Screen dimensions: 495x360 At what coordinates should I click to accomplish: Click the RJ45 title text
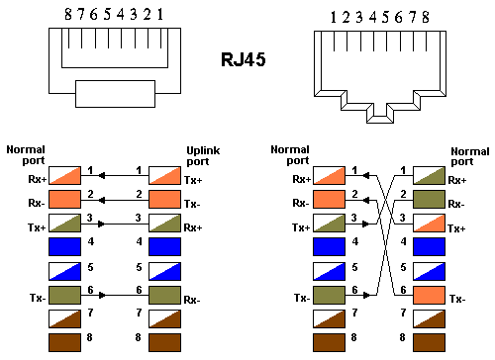click(x=244, y=59)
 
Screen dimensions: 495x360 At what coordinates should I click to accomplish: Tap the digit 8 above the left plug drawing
click(x=68, y=14)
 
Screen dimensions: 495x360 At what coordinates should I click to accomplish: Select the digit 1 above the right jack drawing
click(x=334, y=17)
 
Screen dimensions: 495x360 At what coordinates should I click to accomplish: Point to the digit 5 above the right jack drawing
click(x=385, y=17)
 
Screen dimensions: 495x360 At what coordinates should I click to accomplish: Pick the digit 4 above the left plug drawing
click(x=121, y=14)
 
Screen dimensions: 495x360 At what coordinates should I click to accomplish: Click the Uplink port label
click(x=203, y=156)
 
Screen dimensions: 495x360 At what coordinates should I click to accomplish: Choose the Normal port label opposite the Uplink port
click(x=26, y=155)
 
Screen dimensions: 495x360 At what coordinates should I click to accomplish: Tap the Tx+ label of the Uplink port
click(x=193, y=180)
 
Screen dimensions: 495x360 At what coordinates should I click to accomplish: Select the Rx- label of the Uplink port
click(x=192, y=300)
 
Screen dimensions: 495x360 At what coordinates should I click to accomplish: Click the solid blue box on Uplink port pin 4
click(x=164, y=246)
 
